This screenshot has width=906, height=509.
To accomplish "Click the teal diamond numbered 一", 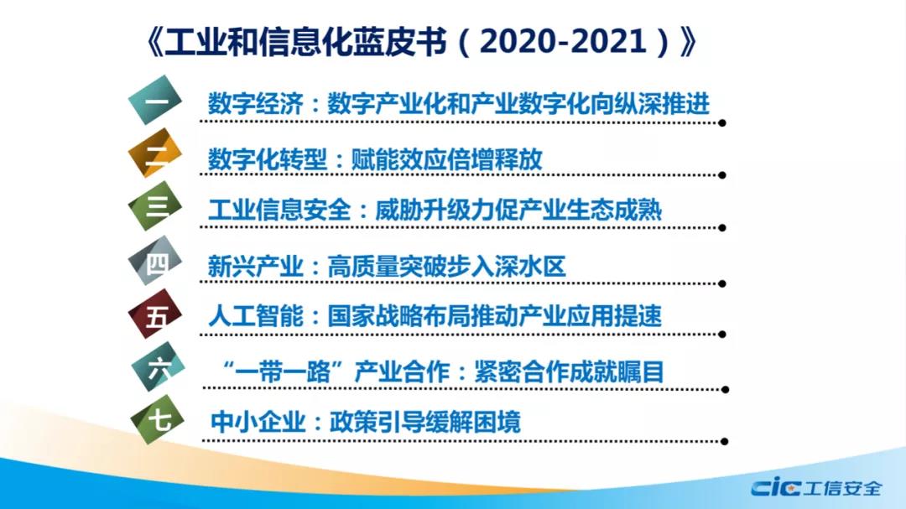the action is click(155, 100).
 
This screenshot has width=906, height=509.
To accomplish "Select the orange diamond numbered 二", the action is click(155, 153).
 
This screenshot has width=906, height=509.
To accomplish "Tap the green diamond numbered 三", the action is click(155, 205).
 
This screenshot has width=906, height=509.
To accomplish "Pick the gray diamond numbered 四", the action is click(155, 261).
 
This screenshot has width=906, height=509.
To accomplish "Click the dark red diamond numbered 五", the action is click(155, 314).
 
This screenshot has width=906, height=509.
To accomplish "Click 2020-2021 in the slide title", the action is click(563, 42).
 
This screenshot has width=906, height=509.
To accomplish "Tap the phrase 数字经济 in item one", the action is click(255, 104).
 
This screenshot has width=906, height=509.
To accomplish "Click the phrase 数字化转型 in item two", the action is click(268, 158).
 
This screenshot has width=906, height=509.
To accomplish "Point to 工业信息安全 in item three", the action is click(279, 210).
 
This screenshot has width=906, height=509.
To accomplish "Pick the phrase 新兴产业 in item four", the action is click(255, 267).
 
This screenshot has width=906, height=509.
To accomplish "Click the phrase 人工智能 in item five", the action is click(255, 316).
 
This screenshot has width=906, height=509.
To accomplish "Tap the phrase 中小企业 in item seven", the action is click(258, 423).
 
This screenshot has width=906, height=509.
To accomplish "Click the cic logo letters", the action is click(775, 487).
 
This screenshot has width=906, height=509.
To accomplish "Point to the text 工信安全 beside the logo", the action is click(842, 488).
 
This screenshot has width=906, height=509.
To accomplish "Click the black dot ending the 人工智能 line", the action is click(722, 335).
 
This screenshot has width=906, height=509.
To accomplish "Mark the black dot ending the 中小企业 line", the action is click(725, 441).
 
